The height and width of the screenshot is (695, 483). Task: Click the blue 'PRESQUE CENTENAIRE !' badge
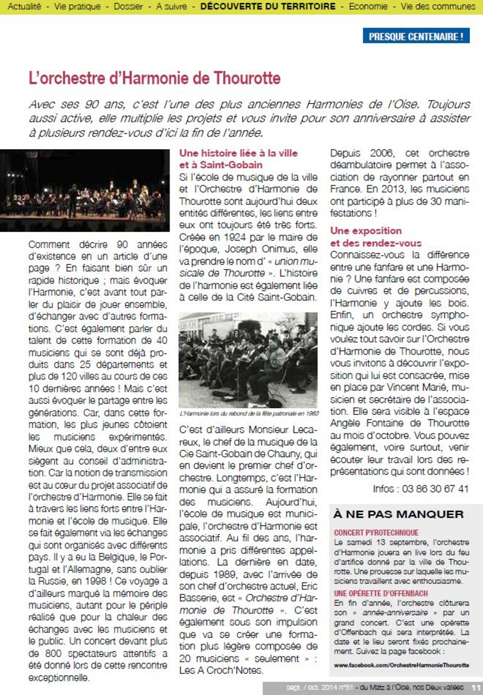[417, 36]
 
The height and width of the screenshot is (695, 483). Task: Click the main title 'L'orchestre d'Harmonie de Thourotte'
[155, 78]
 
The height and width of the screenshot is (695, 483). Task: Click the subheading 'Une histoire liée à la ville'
[238, 153]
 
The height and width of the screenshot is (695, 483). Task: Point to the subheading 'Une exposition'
[366, 231]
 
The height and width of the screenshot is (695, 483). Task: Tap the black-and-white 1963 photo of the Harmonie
[248, 360]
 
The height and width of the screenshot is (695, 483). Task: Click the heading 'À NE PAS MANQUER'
[399, 514]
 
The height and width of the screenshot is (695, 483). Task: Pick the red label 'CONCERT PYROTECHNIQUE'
[376, 533]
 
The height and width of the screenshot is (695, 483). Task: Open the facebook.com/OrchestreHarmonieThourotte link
[401, 664]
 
